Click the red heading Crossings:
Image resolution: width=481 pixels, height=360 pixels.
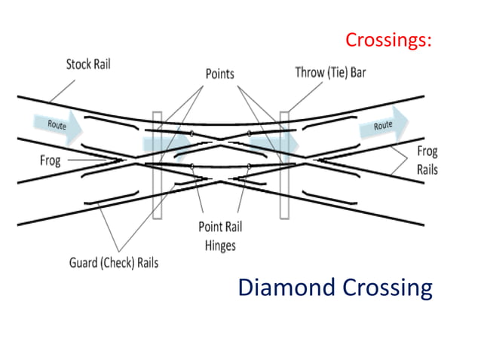(x=388, y=40)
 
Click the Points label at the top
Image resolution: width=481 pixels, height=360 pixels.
(x=220, y=74)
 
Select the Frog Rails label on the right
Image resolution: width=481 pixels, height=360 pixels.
(x=427, y=160)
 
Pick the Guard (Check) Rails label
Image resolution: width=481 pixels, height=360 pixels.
(x=115, y=262)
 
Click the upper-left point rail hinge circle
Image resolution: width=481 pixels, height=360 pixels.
(x=193, y=134)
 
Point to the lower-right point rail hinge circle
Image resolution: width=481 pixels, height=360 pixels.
(x=250, y=166)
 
